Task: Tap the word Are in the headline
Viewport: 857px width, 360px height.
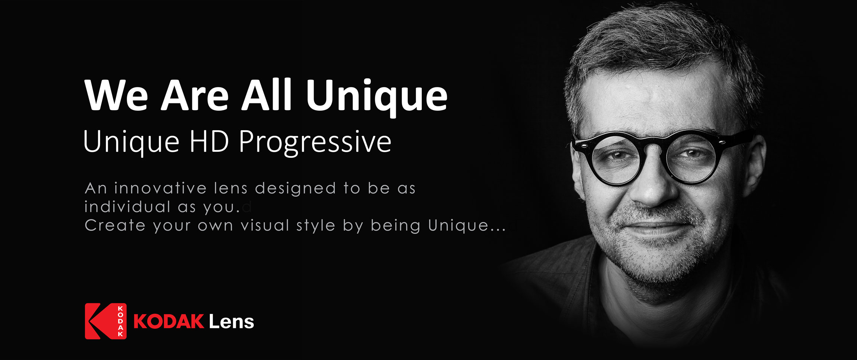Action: (x=194, y=95)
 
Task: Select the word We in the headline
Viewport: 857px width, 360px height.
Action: (x=116, y=95)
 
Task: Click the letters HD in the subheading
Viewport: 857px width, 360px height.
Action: (x=209, y=142)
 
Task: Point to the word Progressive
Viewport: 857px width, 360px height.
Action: (x=315, y=143)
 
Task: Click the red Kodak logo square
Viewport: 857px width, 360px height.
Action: (x=106, y=321)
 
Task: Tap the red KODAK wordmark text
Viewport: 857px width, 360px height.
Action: (x=168, y=321)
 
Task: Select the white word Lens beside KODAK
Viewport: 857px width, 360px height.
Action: (x=231, y=321)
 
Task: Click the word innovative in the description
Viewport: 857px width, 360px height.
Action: (x=160, y=188)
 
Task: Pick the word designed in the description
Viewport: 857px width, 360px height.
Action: (x=295, y=189)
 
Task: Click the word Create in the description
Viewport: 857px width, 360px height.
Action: (x=115, y=225)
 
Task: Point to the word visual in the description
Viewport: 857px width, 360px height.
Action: (x=265, y=225)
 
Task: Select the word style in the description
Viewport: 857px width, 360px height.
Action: (x=316, y=226)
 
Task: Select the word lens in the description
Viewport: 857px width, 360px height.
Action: (x=231, y=188)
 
